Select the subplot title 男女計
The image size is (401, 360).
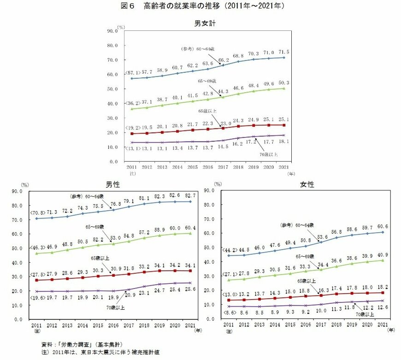point(205,23)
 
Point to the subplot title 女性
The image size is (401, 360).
point(307,184)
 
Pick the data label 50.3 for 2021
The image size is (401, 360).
point(283,82)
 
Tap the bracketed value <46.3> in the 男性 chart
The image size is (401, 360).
point(37,248)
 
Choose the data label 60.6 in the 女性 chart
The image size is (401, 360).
point(383,226)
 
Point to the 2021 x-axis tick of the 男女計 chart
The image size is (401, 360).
point(284,168)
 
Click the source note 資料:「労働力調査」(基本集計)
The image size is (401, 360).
point(75,344)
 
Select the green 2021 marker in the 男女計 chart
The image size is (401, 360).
point(284,89)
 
